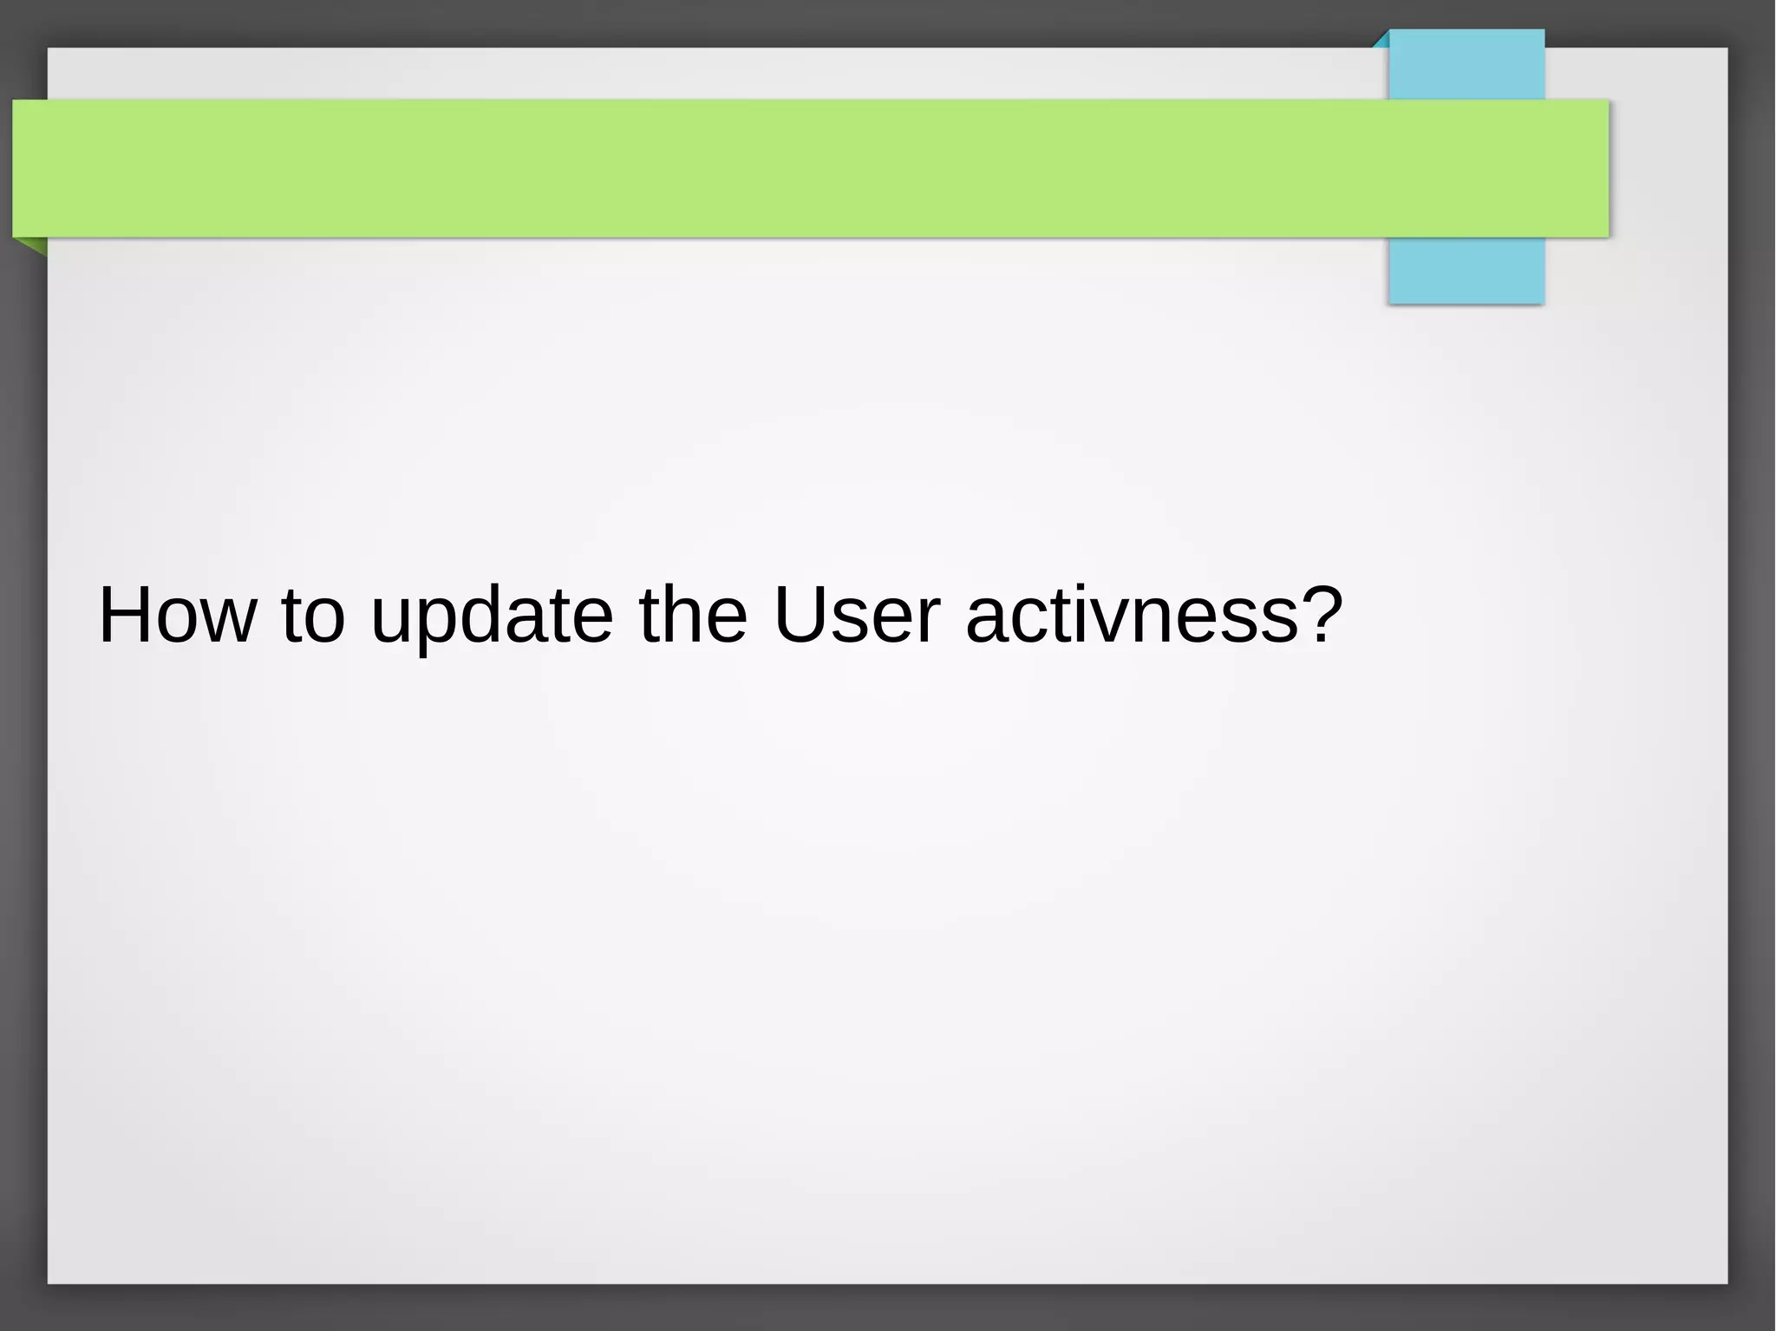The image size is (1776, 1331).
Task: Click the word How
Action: click(x=178, y=615)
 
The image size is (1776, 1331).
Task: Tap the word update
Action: click(x=492, y=617)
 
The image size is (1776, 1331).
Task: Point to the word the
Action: click(x=692, y=615)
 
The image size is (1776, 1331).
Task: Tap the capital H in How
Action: click(x=126, y=615)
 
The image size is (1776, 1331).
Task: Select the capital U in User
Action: click(x=800, y=615)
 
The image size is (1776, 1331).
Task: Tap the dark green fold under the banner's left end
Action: click(x=33, y=245)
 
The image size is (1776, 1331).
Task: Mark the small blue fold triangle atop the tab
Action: click(x=1382, y=40)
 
